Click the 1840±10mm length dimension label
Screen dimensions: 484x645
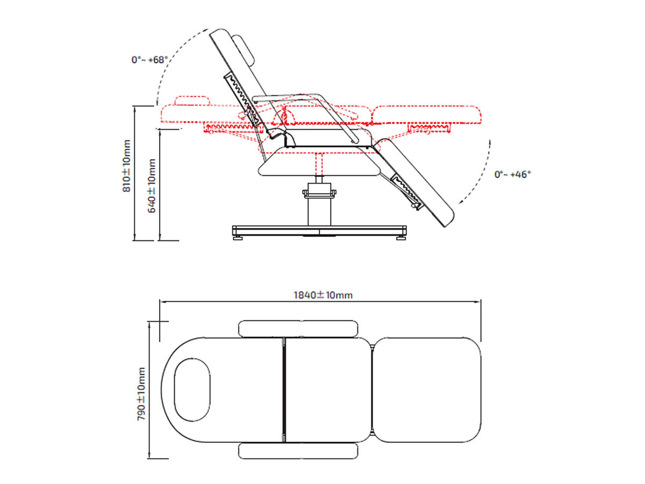(322, 295)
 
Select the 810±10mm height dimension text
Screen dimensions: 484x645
(127, 166)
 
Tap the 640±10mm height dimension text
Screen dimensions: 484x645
(153, 186)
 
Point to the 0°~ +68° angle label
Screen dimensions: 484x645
(150, 60)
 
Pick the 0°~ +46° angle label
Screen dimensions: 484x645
(513, 174)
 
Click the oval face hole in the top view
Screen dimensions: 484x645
(191, 390)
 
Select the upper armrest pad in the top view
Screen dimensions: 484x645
(298, 328)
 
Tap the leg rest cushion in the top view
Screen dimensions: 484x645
(426, 390)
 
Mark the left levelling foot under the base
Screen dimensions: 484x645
(237, 237)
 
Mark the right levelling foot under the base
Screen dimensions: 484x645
(400, 237)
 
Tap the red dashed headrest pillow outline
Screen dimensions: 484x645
(191, 100)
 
